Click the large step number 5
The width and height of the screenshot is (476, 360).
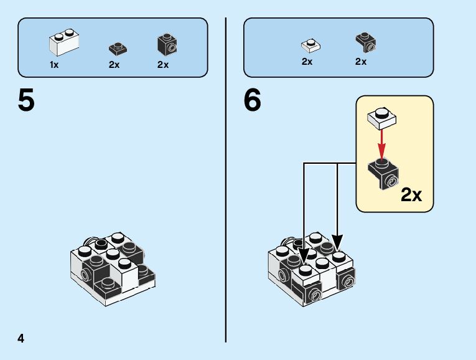click(x=26, y=102)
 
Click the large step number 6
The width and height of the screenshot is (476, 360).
click(x=253, y=102)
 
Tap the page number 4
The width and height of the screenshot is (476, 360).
click(x=21, y=339)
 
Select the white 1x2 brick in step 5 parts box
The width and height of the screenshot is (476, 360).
click(x=65, y=42)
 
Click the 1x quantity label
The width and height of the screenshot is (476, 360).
click(x=54, y=65)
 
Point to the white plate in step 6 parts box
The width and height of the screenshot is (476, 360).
click(x=309, y=45)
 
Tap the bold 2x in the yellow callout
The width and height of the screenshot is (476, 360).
click(x=411, y=196)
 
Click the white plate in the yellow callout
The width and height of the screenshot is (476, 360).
click(x=382, y=117)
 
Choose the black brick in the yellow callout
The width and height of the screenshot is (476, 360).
click(x=383, y=173)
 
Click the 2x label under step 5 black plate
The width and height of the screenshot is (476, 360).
click(x=114, y=65)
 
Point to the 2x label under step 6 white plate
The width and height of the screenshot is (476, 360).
click(x=307, y=62)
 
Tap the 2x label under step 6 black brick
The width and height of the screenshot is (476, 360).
click(x=361, y=62)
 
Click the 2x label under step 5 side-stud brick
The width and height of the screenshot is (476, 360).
click(x=163, y=65)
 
